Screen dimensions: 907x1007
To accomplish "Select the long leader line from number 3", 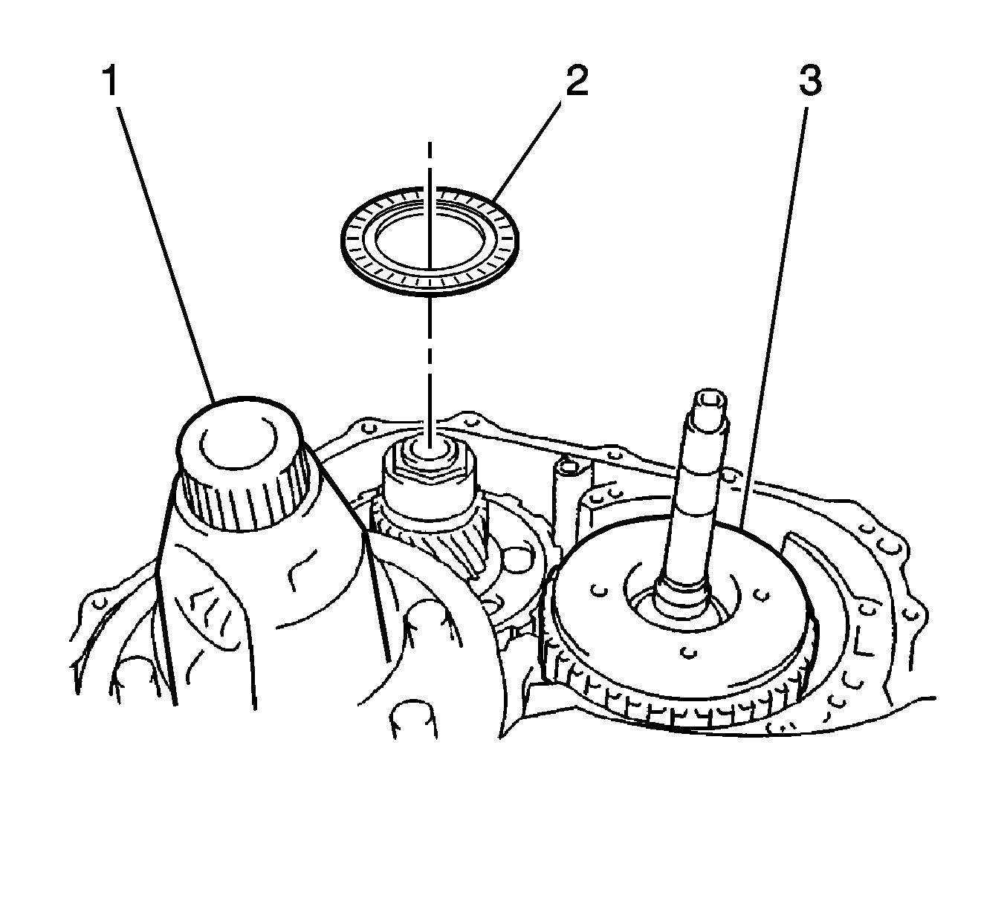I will pyautogui.click(x=773, y=312).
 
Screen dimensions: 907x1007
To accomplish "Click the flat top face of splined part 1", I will pyautogui.click(x=238, y=438).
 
